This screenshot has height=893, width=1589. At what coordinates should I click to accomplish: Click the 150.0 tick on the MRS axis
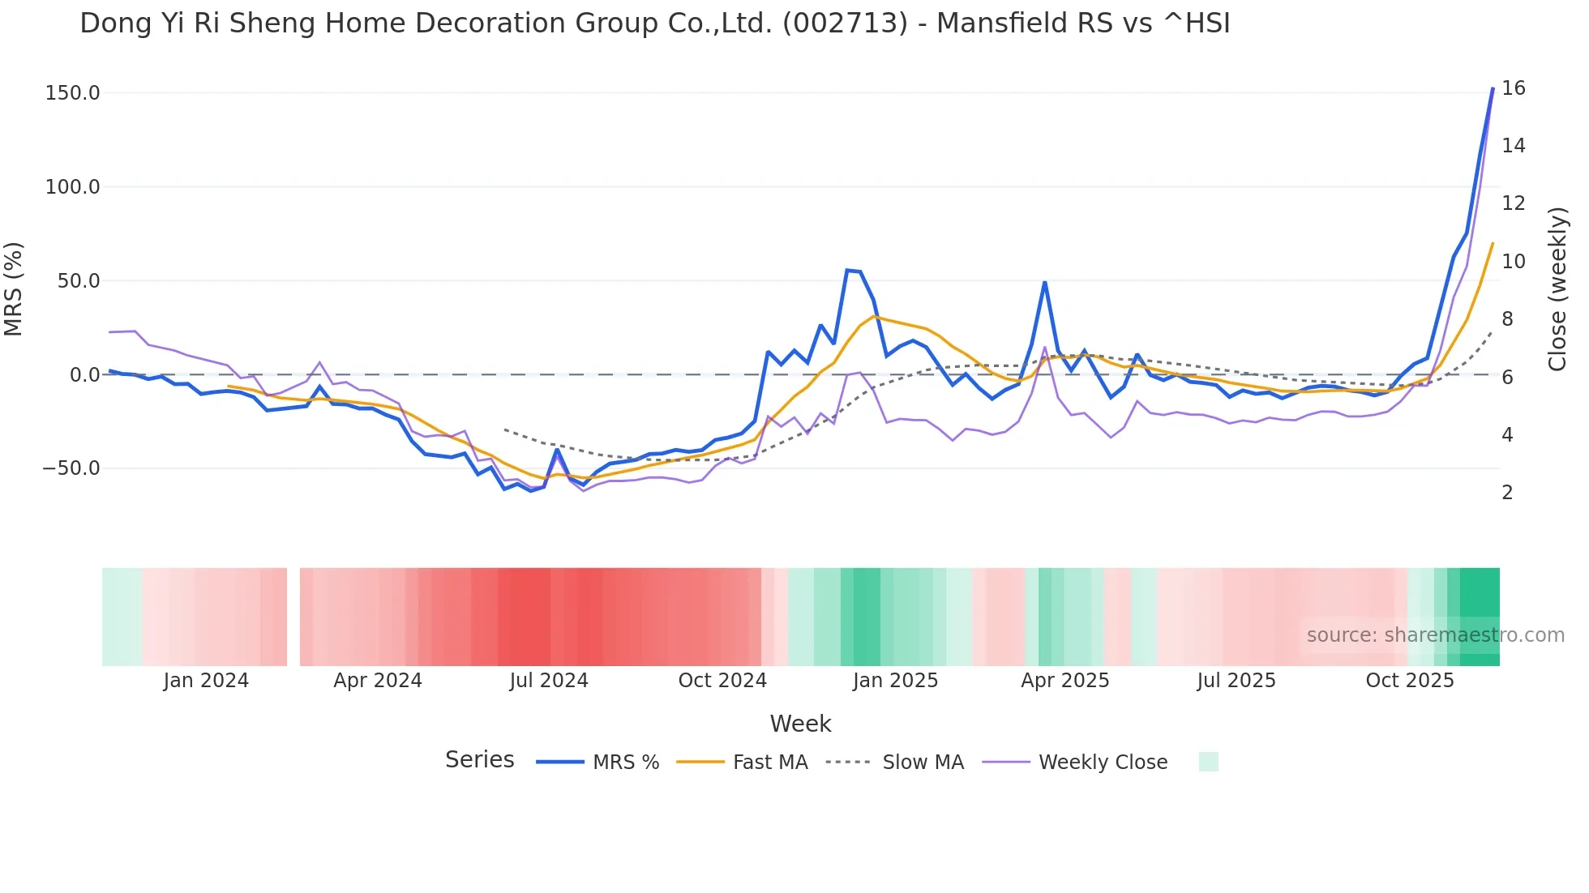(73, 93)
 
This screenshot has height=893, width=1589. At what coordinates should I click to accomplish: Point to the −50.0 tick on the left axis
(71, 468)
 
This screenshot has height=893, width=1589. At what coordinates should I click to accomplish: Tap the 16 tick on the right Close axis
(1513, 88)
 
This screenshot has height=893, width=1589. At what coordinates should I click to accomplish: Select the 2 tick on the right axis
(1507, 493)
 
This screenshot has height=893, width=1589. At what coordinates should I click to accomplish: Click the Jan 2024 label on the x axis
(206, 681)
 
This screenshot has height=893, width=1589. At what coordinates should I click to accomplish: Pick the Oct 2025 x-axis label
(1410, 681)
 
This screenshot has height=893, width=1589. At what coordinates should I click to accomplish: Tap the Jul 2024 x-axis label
(549, 681)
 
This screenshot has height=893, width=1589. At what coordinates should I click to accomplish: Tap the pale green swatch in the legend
(1208, 762)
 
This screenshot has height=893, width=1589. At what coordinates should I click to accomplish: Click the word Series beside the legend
(479, 760)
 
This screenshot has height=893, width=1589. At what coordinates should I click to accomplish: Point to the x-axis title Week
(800, 724)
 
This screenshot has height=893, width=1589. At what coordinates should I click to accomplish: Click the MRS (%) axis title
(14, 289)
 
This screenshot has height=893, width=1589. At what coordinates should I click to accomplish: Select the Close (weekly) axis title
(1557, 289)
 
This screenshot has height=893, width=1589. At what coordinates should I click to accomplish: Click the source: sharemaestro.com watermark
(1435, 635)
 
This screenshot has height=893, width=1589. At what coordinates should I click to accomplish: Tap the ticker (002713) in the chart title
(845, 23)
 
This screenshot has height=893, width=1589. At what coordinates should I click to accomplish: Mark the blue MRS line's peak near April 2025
(1045, 283)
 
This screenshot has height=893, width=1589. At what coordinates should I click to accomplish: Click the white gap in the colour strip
(293, 617)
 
